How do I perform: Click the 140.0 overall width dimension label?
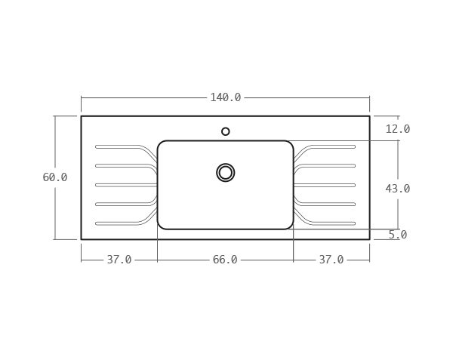pyautogui.click(x=225, y=97)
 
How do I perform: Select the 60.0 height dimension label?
pyautogui.click(x=55, y=177)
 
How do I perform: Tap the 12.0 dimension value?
pyautogui.click(x=397, y=129)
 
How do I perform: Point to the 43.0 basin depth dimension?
pyautogui.click(x=397, y=189)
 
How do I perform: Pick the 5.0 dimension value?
pyautogui.click(x=397, y=235)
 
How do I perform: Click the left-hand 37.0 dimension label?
pyautogui.click(x=119, y=260)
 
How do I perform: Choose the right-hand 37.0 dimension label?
pyautogui.click(x=331, y=260)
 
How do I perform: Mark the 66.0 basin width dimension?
pyautogui.click(x=225, y=260)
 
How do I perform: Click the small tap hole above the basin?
pyautogui.click(x=225, y=131)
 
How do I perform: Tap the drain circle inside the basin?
pyautogui.click(x=225, y=173)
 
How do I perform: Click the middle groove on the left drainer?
pyautogui.click(x=121, y=185)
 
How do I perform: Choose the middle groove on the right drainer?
pyautogui.click(x=329, y=185)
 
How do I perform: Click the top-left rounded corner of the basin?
pyautogui.click(x=160, y=143)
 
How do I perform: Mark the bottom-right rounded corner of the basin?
pyautogui.click(x=290, y=226)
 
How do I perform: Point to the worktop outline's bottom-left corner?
pyautogui.click(x=82, y=239)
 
